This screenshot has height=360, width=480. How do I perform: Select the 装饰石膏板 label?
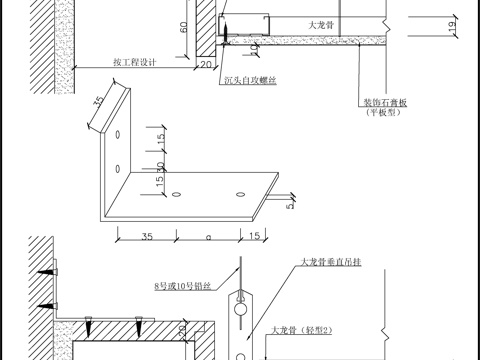(x=382, y=102)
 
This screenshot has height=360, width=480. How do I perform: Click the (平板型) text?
(x=382, y=113)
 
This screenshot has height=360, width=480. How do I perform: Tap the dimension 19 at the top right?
(x=456, y=35)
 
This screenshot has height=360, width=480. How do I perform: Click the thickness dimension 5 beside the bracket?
(x=289, y=207)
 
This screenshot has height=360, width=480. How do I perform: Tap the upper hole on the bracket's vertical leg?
(x=119, y=133)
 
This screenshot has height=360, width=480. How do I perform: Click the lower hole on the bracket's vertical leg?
(x=119, y=167)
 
